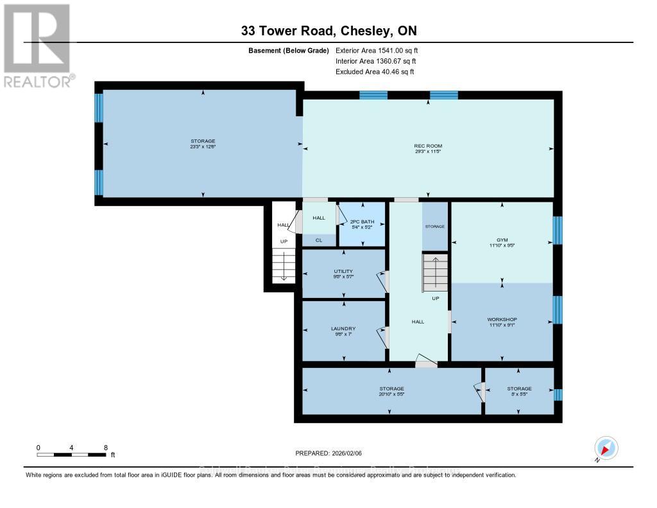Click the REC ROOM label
coord(428,146)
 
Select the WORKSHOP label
coord(502,319)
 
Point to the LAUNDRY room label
coord(343,329)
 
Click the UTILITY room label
coord(343,272)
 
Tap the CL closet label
coord(318,240)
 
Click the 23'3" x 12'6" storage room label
coord(203,141)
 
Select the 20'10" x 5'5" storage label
coord(391,389)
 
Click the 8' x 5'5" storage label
coord(519,389)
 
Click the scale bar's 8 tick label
coord(105,447)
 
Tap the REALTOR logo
coord(37,46)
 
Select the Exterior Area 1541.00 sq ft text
coord(377,50)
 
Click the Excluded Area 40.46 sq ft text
coord(375,72)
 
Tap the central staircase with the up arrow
coord(434,273)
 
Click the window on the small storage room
coord(558,394)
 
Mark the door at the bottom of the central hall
coord(426,363)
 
